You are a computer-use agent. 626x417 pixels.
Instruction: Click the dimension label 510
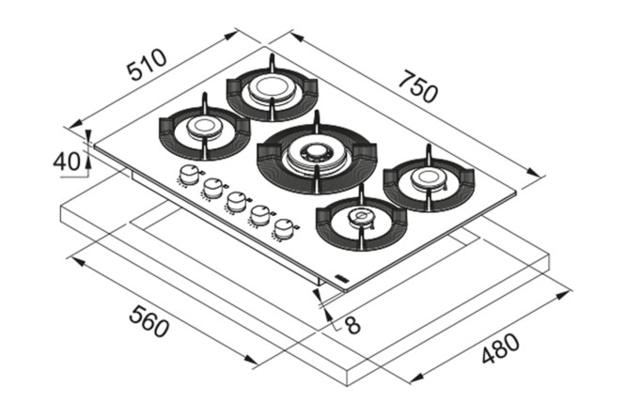pyautogui.click(x=148, y=69)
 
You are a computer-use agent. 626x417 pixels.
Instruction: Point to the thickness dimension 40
pyautogui.click(x=66, y=162)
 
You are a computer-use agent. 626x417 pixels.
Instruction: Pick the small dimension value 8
pyautogui.click(x=351, y=325)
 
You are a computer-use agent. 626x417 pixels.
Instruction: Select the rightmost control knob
pyautogui.click(x=283, y=226)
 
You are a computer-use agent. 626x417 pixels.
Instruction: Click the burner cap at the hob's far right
pyautogui.click(x=429, y=178)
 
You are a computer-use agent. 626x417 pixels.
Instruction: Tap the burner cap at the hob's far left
pyautogui.click(x=203, y=127)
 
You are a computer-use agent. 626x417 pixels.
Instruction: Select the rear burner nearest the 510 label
pyautogui.click(x=270, y=90)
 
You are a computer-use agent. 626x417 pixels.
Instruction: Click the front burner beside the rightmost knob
pyautogui.click(x=361, y=220)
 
